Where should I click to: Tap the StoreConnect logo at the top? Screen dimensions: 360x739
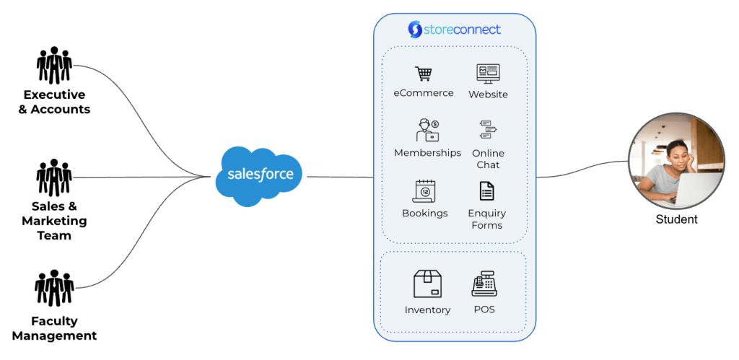(454, 30)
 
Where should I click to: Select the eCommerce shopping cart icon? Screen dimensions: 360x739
(423, 74)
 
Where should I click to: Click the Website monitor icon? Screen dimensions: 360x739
(488, 74)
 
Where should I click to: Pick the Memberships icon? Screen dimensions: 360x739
(427, 131)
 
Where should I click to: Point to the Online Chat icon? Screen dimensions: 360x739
(489, 130)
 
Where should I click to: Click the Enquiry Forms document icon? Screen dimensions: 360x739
(487, 190)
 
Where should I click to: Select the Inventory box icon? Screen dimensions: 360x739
(427, 284)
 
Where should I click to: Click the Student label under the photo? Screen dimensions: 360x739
(676, 219)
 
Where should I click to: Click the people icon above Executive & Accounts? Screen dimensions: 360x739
(55, 66)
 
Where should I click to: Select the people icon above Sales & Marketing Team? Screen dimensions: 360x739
(55, 177)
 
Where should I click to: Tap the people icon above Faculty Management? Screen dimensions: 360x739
(55, 289)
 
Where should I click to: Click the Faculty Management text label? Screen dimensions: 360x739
(55, 328)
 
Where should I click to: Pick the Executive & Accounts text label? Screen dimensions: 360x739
(55, 102)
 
